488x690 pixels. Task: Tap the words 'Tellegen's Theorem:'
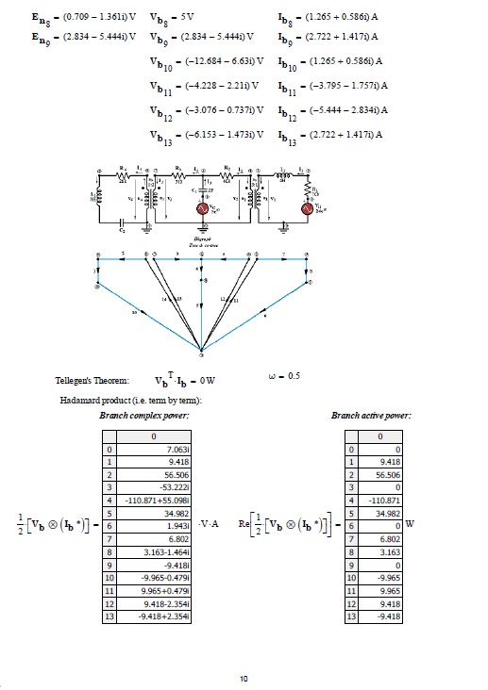pos(92,381)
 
